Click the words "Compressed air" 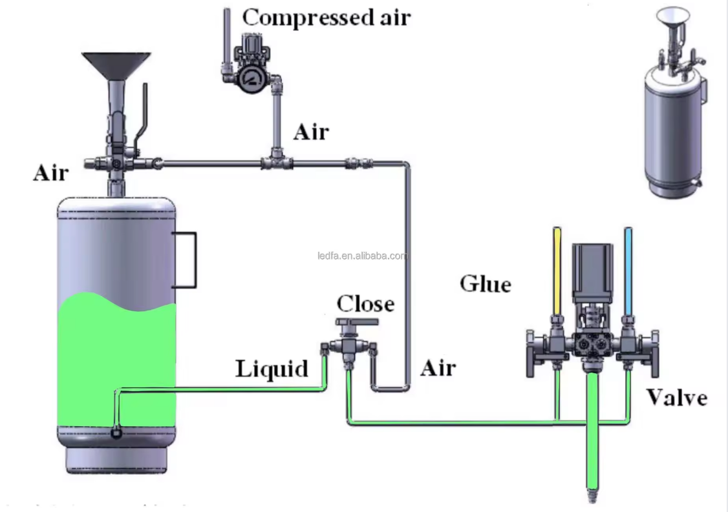[x=326, y=17]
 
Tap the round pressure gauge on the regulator [x=250, y=77]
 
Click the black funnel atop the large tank [x=116, y=65]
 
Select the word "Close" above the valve [x=365, y=303]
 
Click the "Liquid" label [x=272, y=369]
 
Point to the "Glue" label [x=485, y=283]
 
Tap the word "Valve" [x=677, y=397]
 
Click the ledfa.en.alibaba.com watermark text [x=362, y=256]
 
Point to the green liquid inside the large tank [x=116, y=362]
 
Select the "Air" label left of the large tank [x=50, y=173]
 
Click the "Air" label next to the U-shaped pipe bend [x=438, y=368]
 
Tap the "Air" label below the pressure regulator [x=311, y=132]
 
